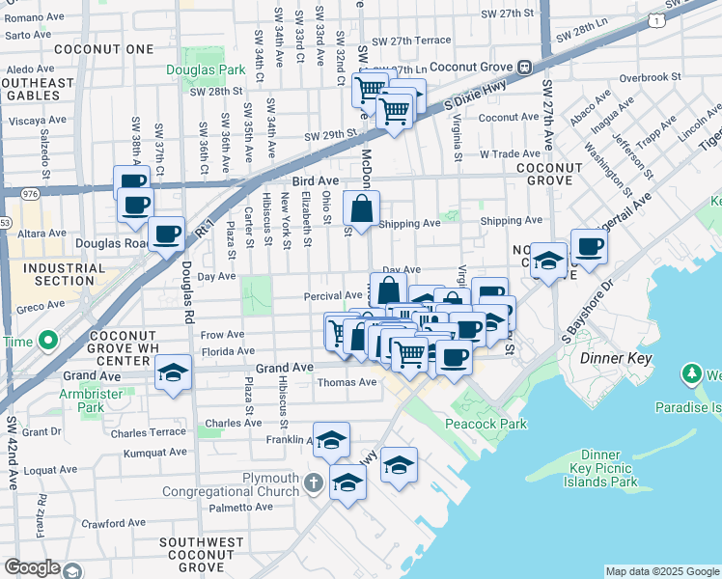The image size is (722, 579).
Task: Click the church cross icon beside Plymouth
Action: [312, 482]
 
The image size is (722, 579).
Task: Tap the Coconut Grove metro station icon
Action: [526, 68]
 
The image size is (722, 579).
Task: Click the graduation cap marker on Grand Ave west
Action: [173, 373]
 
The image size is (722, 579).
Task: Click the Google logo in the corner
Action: [31, 567]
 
